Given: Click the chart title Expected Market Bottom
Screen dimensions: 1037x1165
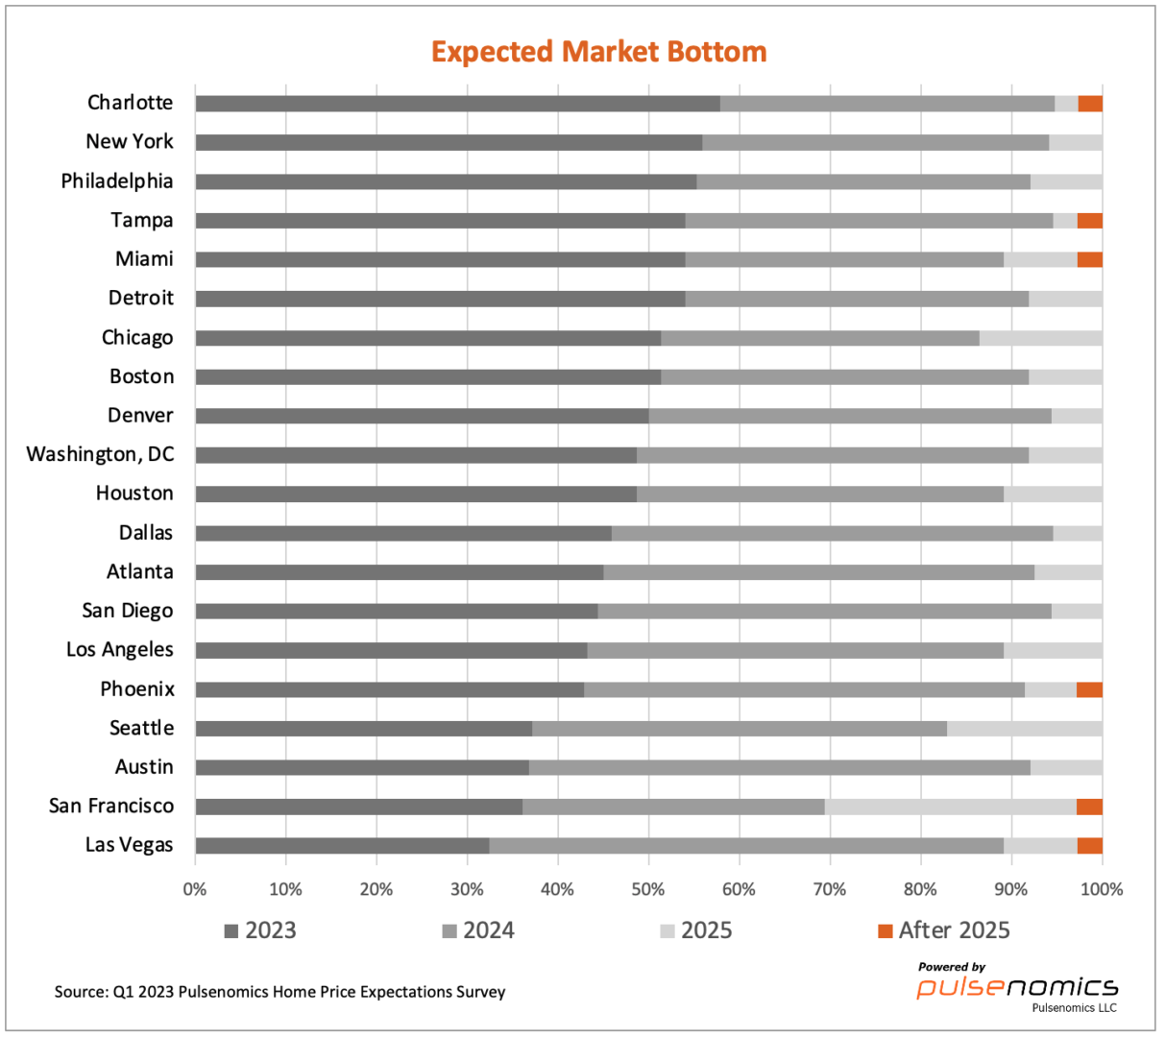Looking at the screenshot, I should pyautogui.click(x=598, y=52).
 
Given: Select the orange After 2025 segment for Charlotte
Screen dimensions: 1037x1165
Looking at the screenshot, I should pyautogui.click(x=1090, y=104).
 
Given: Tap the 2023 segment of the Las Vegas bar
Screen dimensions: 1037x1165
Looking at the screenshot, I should pyautogui.click(x=342, y=846).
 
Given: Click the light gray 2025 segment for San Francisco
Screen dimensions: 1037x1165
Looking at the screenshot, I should pyautogui.click(x=950, y=807).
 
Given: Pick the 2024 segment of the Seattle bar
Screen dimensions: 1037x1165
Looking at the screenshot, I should pyautogui.click(x=740, y=729).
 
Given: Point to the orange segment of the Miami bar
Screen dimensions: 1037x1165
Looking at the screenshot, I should pyautogui.click(x=1090, y=259).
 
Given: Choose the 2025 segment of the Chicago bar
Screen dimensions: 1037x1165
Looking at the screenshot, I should pyautogui.click(x=1040, y=338).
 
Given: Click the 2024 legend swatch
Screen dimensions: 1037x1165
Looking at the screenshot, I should pyautogui.click(x=449, y=931).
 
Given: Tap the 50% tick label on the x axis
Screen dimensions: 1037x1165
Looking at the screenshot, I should pyautogui.click(x=648, y=889).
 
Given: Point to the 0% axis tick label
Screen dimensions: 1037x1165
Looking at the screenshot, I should pyautogui.click(x=195, y=889).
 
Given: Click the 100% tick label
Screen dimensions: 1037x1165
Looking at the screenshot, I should pyautogui.click(x=1101, y=889).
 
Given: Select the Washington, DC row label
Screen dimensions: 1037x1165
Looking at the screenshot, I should pyautogui.click(x=101, y=454).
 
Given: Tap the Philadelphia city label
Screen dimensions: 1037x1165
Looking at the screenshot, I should pyautogui.click(x=117, y=181).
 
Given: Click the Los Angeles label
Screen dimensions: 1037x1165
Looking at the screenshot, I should pyautogui.click(x=120, y=650).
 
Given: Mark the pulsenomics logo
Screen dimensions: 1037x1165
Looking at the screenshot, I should pyautogui.click(x=1017, y=987).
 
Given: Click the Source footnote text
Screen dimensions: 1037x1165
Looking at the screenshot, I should pyautogui.click(x=279, y=992).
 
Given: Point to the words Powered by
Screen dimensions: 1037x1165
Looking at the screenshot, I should pyautogui.click(x=952, y=967).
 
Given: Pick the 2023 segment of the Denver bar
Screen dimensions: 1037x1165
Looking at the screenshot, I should pyautogui.click(x=422, y=416).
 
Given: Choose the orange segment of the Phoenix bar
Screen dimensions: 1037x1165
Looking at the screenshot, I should pyautogui.click(x=1089, y=689).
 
